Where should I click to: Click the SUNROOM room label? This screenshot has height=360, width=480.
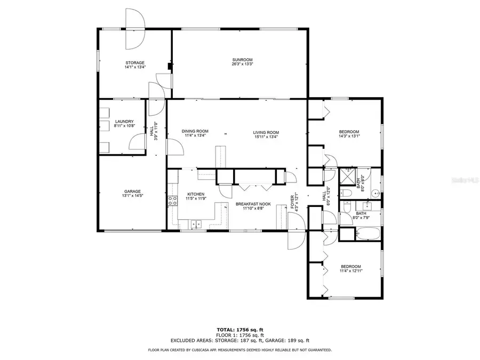[x=242, y=59]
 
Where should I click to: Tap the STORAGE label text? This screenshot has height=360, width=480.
[x=134, y=63]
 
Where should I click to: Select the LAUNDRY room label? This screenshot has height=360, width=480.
[x=124, y=122]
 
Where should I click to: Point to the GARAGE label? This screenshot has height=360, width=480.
[x=132, y=191]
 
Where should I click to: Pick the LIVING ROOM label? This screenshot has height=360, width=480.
[x=266, y=132]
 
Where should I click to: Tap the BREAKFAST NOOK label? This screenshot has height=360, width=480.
[x=253, y=204]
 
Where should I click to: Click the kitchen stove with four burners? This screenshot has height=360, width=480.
[x=172, y=201]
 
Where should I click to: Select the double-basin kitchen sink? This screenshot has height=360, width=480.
[x=197, y=225]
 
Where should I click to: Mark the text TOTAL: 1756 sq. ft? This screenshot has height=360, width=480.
[x=239, y=330]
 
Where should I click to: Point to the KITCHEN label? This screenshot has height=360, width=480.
[x=196, y=194]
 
